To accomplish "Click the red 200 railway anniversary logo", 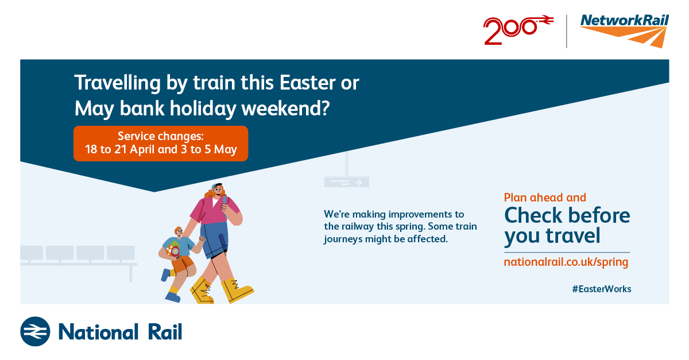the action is [518, 29].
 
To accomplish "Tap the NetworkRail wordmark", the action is [625, 21].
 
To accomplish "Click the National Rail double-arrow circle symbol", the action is [35, 331].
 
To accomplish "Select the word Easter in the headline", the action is [307, 83].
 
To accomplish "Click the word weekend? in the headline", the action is [285, 109].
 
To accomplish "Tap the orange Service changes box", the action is [161, 144].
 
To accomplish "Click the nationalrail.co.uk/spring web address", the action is [566, 262].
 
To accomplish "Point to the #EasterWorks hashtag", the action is [602, 289].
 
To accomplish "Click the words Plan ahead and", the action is [545, 198].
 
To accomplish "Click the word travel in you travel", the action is [573, 235].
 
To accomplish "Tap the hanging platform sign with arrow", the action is [347, 181].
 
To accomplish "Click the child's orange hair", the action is [178, 230].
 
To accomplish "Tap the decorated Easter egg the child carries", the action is [174, 249].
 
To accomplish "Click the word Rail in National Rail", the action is [165, 332].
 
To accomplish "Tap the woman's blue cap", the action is [215, 186].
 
